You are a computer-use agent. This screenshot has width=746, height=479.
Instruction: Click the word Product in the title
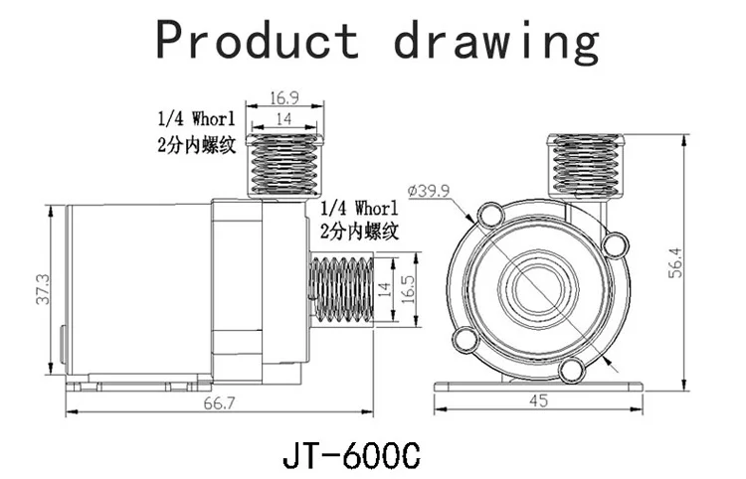coord(258,41)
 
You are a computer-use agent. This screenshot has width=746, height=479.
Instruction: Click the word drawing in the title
coord(496,43)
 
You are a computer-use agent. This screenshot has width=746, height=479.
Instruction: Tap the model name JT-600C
coord(351,456)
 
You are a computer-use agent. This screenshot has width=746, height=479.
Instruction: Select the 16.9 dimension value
coord(284,98)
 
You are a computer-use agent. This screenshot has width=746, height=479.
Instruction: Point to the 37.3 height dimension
coord(43,289)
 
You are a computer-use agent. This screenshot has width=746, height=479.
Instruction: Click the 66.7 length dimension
coord(220,403)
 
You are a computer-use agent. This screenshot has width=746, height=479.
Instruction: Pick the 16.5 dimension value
coord(408,289)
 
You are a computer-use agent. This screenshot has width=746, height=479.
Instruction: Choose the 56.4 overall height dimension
coord(675,262)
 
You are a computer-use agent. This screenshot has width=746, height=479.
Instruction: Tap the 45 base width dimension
coord(538,400)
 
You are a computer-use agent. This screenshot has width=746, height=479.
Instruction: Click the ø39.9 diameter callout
coord(429,191)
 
